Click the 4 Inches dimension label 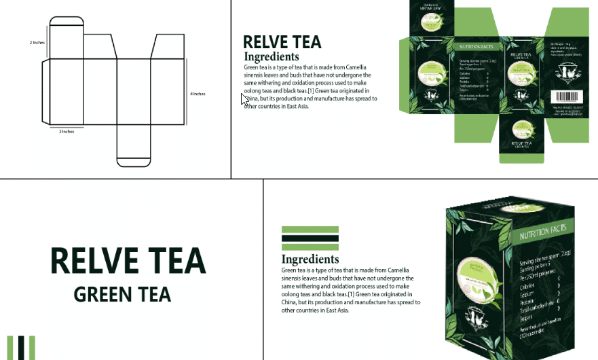198,94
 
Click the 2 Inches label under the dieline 67,131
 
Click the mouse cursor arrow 244,99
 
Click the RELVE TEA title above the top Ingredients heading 282,43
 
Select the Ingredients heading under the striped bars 310,259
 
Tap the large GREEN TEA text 122,295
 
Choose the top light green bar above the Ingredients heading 310,230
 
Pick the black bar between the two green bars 310,238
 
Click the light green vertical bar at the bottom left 11,347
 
